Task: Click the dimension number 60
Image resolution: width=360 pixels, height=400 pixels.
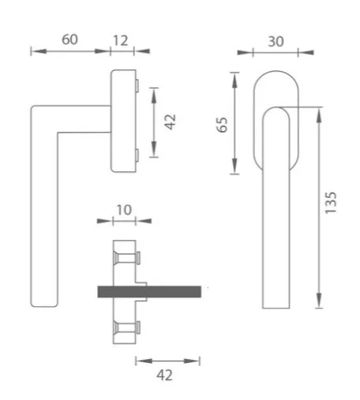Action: click(x=69, y=39)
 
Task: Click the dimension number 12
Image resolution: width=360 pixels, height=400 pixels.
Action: click(x=121, y=40)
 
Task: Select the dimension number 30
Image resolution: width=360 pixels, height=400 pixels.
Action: click(x=276, y=42)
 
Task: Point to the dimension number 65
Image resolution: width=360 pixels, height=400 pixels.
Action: click(x=222, y=125)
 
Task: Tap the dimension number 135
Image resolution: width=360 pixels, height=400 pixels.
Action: click(x=331, y=203)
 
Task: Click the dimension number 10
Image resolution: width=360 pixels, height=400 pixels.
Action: click(x=124, y=210)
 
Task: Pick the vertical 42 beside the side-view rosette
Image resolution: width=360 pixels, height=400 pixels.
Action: click(x=170, y=121)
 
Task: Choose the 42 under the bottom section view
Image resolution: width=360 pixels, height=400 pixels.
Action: click(x=165, y=375)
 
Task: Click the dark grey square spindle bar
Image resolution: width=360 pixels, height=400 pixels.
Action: click(x=149, y=292)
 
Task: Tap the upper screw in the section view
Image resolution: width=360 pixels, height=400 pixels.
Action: click(x=126, y=258)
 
